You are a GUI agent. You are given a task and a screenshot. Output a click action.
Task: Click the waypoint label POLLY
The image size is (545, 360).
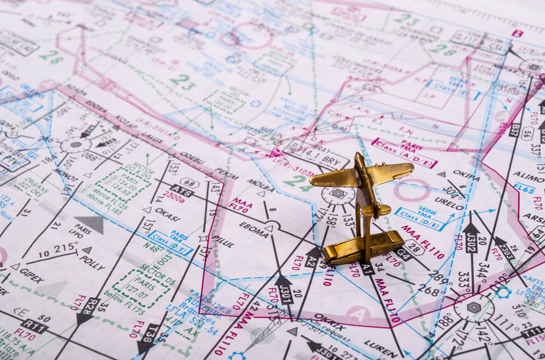[x=92, y=262]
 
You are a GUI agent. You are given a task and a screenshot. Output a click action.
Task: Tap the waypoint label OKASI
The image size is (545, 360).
[x=167, y=214]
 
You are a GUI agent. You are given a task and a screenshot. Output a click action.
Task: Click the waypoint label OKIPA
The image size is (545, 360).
[x=466, y=175]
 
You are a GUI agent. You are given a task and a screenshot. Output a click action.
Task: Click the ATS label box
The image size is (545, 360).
[x=181, y=190]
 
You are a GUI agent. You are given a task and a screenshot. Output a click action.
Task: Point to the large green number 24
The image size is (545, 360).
[x=298, y=182]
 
